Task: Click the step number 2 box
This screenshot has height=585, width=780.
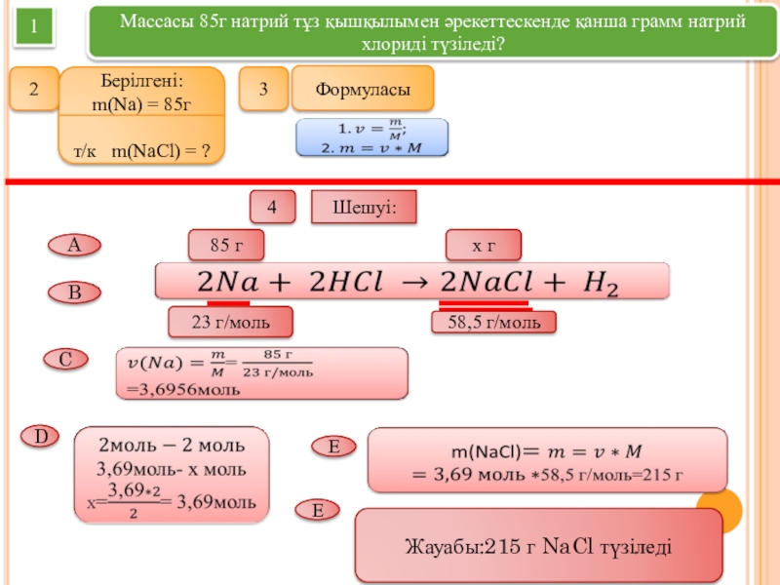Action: click(33, 90)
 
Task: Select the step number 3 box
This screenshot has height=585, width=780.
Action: click(264, 90)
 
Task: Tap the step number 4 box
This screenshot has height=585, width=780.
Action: click(273, 207)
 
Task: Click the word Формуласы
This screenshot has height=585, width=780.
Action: click(362, 90)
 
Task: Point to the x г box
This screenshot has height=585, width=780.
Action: click(483, 246)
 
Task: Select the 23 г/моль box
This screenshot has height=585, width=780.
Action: click(231, 321)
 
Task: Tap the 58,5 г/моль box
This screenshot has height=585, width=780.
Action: click(493, 322)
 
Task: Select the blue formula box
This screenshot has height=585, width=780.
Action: click(371, 137)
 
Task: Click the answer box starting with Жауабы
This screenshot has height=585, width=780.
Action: click(538, 546)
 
